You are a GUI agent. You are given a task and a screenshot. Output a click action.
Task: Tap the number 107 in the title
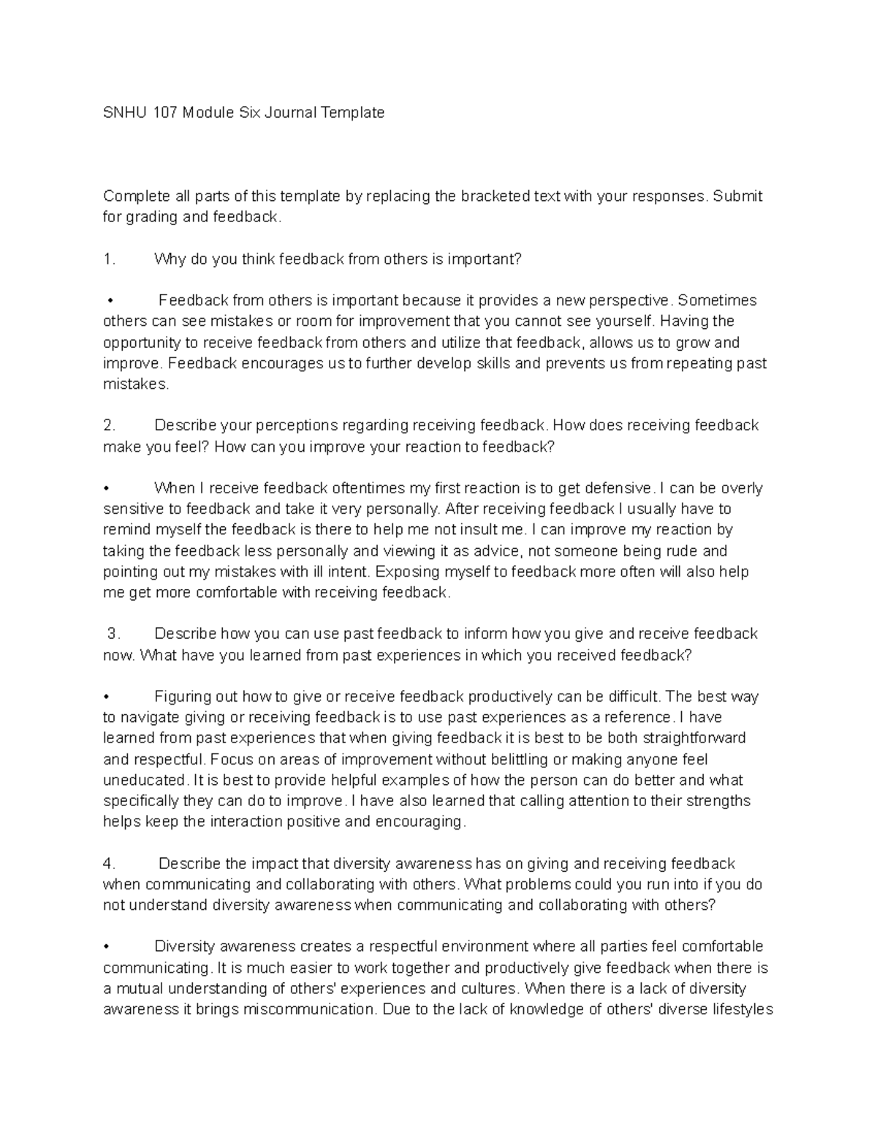pyautogui.click(x=166, y=113)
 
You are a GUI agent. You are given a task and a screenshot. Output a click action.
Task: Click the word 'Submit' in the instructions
pyautogui.click(x=737, y=196)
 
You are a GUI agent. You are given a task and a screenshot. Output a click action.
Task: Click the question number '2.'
pyautogui.click(x=110, y=425)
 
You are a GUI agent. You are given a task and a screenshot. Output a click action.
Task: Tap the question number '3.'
pyautogui.click(x=113, y=634)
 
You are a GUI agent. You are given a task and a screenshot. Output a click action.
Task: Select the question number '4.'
pyautogui.click(x=110, y=863)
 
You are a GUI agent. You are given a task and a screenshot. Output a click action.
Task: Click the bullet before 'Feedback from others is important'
pyautogui.click(x=110, y=300)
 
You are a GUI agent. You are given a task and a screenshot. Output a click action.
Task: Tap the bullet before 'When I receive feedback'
pyautogui.click(x=107, y=488)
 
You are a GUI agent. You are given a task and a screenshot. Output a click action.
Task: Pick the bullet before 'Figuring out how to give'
pyautogui.click(x=107, y=696)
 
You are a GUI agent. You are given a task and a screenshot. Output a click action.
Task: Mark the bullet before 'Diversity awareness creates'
pyautogui.click(x=107, y=947)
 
